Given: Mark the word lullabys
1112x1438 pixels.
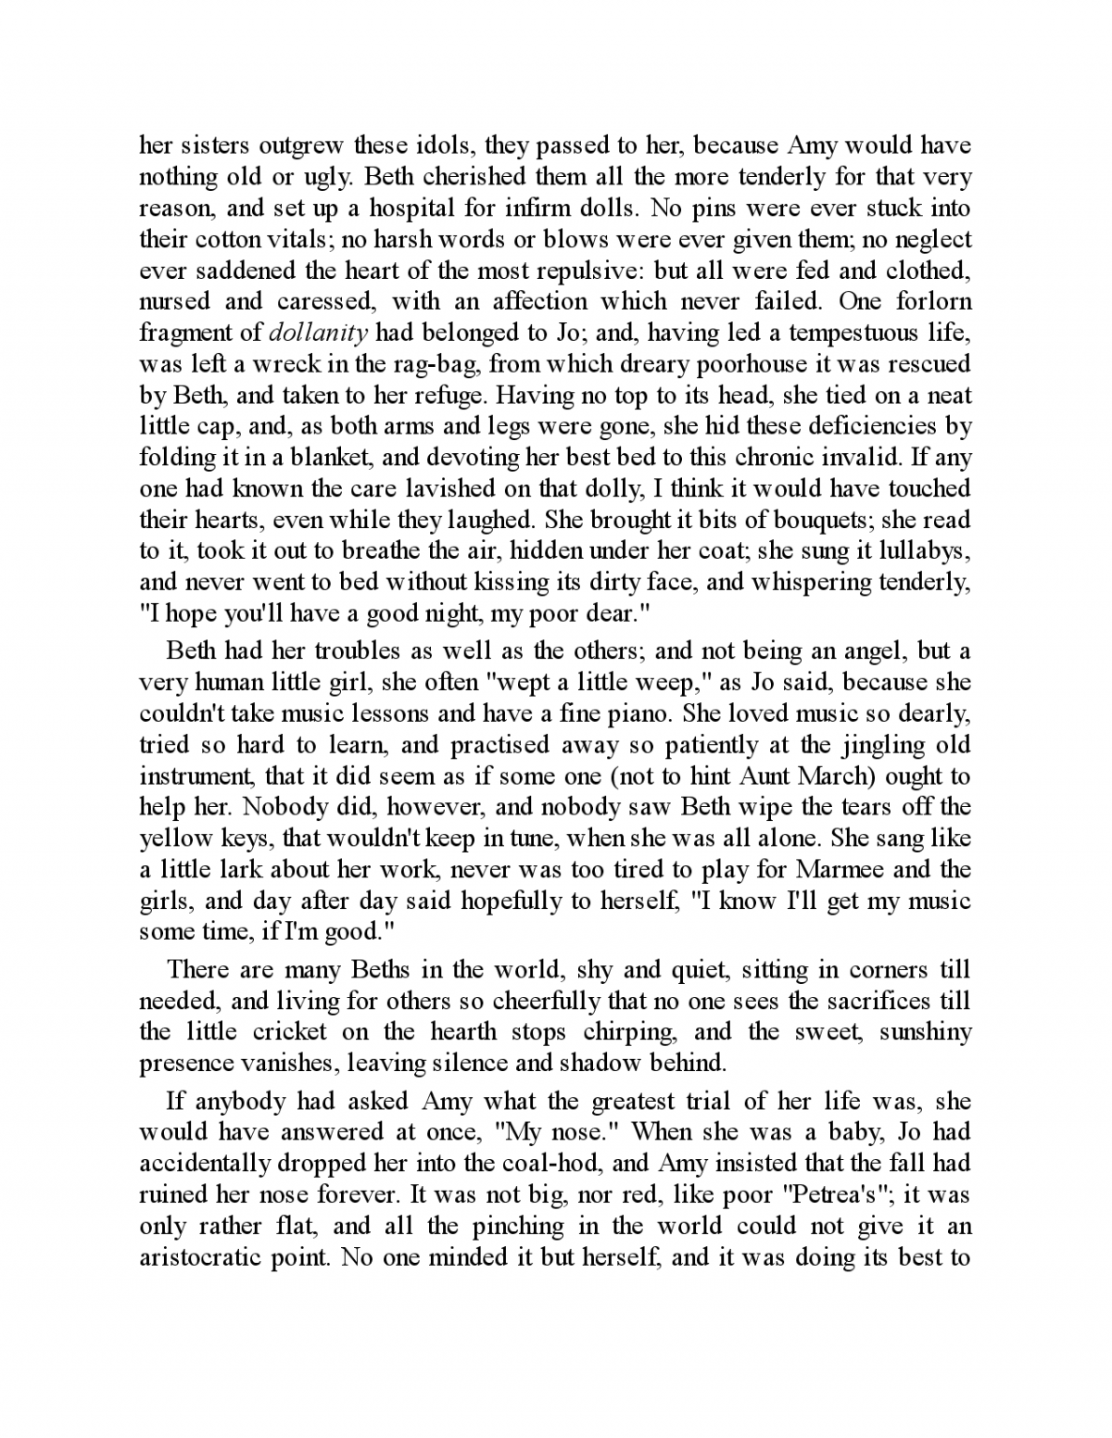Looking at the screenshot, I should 923,550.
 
